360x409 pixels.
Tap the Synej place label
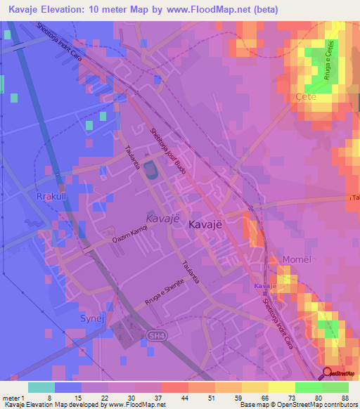coord(85,318)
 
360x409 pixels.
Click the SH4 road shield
coord(156,336)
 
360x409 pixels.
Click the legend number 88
coord(345,397)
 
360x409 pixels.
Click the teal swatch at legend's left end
coord(41,387)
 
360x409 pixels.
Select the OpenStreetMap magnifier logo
coord(328,373)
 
